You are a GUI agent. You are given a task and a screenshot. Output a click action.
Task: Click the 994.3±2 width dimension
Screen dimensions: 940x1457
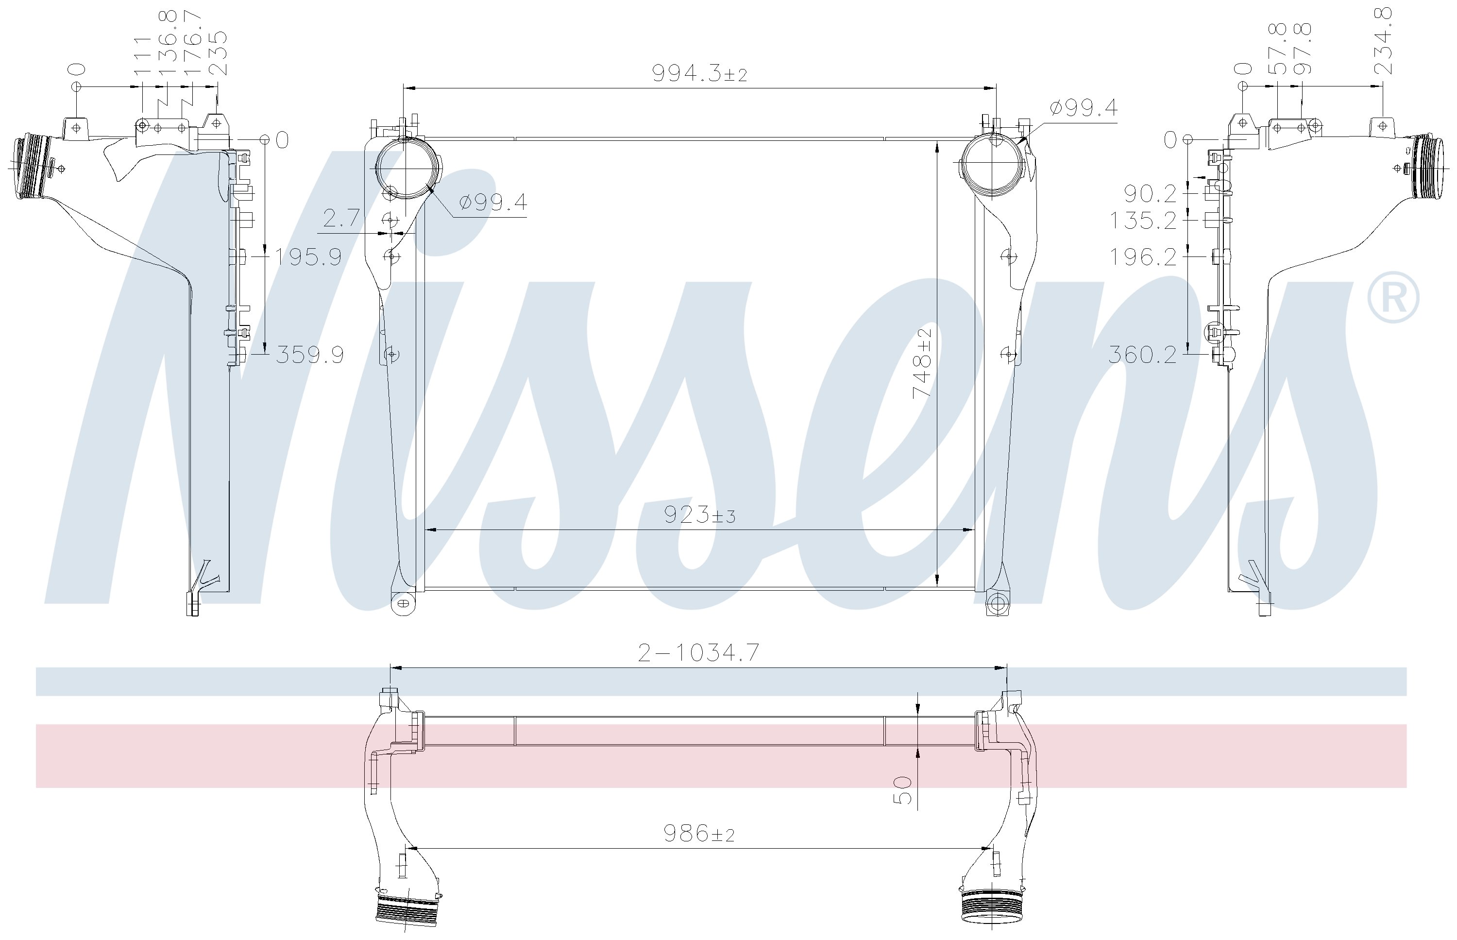[x=699, y=74]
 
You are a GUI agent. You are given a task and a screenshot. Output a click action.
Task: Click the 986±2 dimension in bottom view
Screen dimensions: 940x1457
[x=699, y=833]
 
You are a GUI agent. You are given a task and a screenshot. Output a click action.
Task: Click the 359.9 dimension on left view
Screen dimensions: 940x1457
[x=310, y=355]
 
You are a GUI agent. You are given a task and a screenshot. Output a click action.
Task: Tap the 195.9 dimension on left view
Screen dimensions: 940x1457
[x=307, y=257]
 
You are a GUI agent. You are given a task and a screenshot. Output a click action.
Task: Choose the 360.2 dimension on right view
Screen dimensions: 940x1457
[x=1142, y=355]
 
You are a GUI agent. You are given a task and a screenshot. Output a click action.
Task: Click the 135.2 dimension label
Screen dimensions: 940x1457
[x=1142, y=221]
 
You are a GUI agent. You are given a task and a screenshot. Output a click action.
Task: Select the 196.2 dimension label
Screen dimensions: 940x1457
[x=1142, y=257]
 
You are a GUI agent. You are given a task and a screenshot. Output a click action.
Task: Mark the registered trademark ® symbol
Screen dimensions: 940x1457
[x=1393, y=297]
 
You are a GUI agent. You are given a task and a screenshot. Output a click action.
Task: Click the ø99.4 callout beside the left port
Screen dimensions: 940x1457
[x=493, y=202]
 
